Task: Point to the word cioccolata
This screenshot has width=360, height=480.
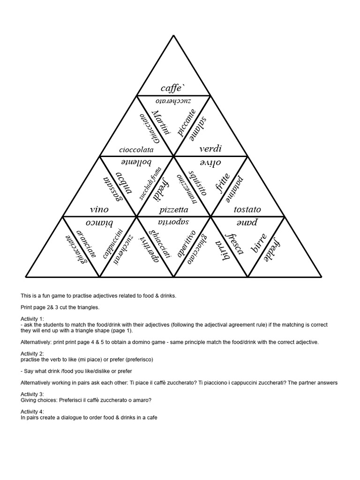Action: point(136,150)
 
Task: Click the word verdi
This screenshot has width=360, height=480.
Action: point(210,149)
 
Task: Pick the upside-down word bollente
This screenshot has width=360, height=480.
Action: point(136,163)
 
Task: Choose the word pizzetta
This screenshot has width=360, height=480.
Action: point(173,210)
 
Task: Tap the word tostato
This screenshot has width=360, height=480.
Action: point(247,209)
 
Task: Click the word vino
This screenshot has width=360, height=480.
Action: point(99,209)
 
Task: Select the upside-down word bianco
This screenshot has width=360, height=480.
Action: point(99,222)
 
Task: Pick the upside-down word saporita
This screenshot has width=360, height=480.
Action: point(173,222)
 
